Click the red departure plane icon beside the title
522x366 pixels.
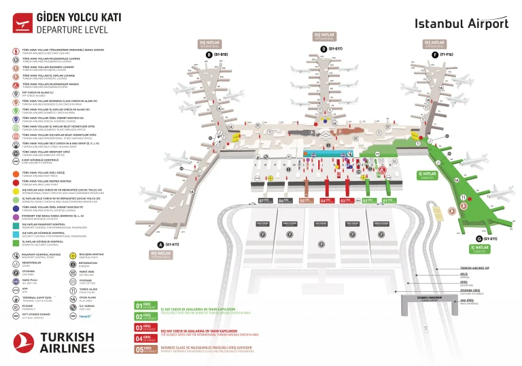click(x=22, y=22)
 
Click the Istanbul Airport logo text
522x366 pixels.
click(x=462, y=23)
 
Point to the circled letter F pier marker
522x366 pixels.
click(x=434, y=54)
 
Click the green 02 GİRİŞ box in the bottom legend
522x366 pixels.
click(x=146, y=316)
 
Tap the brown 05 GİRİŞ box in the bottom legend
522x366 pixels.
click(x=146, y=349)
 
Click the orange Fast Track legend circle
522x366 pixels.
click(x=16, y=173)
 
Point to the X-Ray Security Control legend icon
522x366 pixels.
click(x=16, y=161)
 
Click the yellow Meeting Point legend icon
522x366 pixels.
click(x=73, y=256)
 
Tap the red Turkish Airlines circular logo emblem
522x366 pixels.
click(x=26, y=344)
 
